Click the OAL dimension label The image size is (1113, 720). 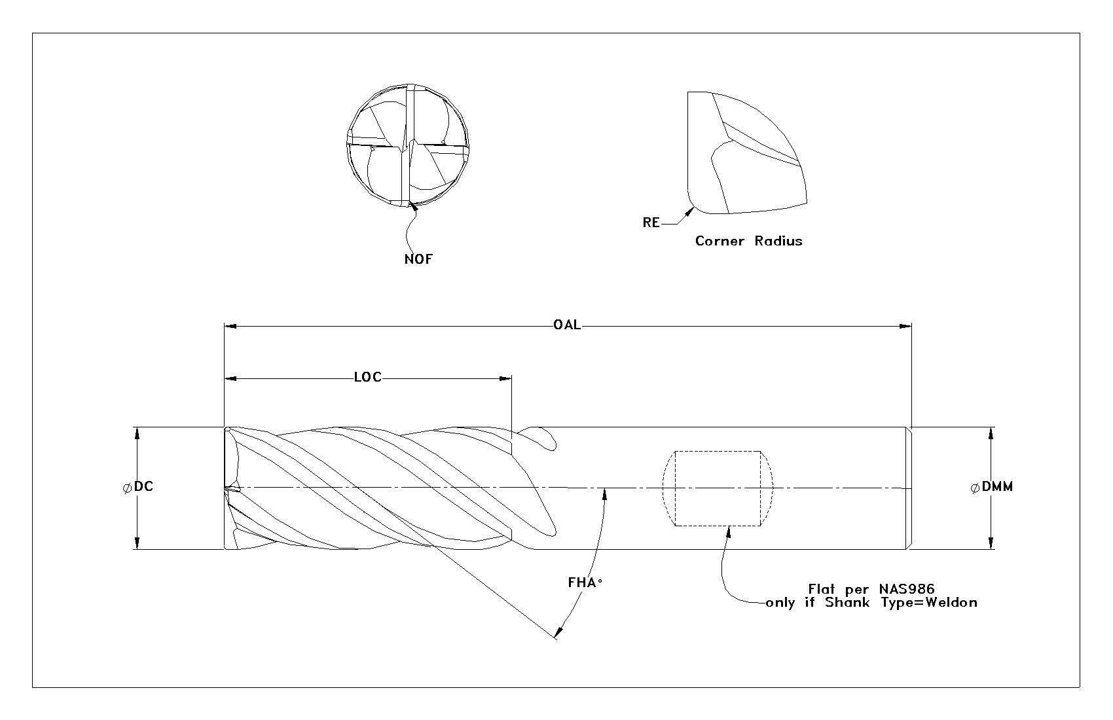click(x=566, y=325)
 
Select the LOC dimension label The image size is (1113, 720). click(x=368, y=378)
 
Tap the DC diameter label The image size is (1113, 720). click(x=143, y=486)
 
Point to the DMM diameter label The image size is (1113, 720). click(x=997, y=487)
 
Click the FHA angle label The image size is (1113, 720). click(x=582, y=583)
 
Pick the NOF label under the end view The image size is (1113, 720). click(x=418, y=259)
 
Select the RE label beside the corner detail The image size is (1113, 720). click(x=651, y=223)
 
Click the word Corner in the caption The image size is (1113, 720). click(x=720, y=241)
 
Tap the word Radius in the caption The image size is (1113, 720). click(x=778, y=241)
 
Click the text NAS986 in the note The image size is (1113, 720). click(x=907, y=589)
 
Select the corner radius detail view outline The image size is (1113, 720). click(x=687, y=149)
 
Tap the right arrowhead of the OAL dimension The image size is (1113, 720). click(x=905, y=327)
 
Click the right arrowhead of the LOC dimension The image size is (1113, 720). click(x=506, y=378)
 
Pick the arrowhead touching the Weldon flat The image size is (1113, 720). click(x=729, y=531)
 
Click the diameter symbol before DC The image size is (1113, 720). click(x=127, y=488)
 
